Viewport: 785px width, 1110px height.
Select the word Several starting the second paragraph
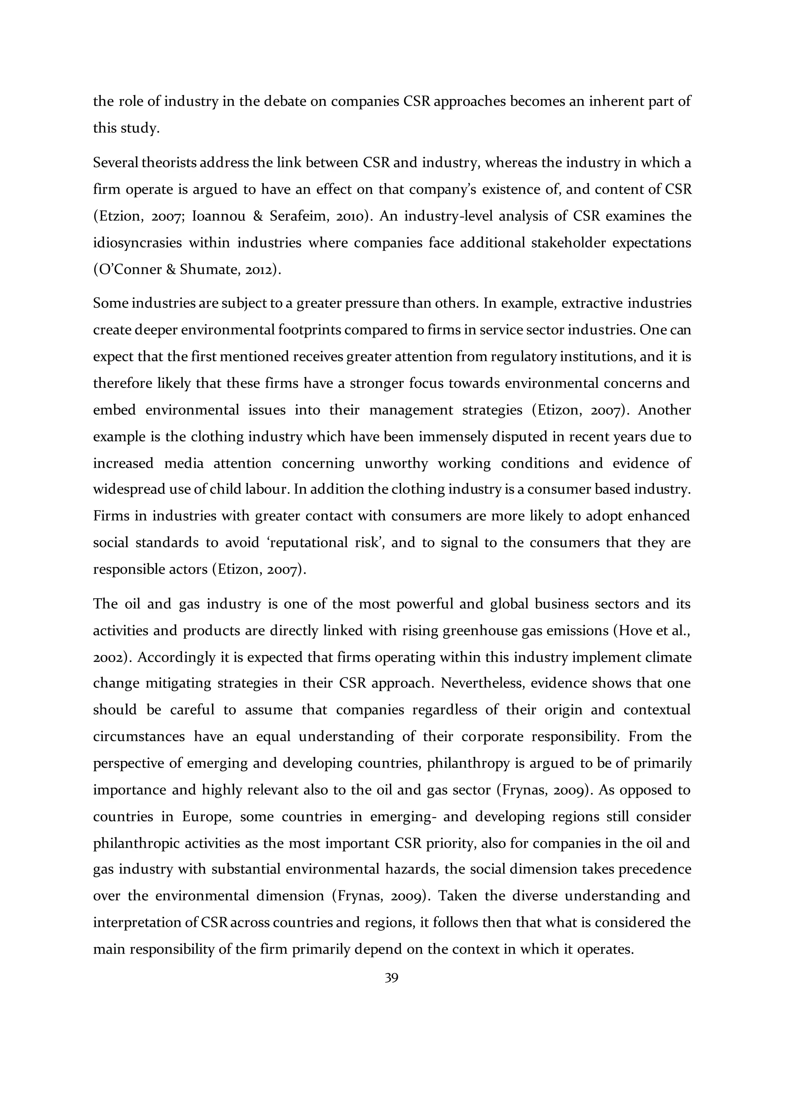115,163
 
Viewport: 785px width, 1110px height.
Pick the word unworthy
396,463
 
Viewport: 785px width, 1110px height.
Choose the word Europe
206,816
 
